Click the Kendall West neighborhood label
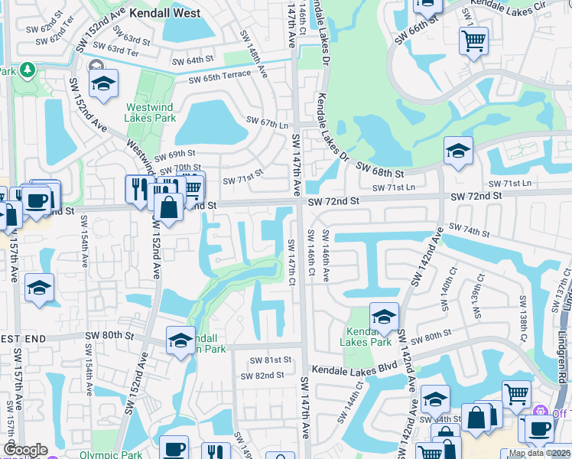(x=164, y=13)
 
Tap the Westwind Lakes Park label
(x=151, y=113)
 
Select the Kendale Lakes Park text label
(x=369, y=337)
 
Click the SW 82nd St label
(x=262, y=376)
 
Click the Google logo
(x=25, y=450)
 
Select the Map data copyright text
(x=538, y=453)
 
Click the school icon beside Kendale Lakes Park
(x=384, y=314)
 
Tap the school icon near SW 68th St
(x=458, y=150)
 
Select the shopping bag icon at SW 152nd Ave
(x=167, y=206)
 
